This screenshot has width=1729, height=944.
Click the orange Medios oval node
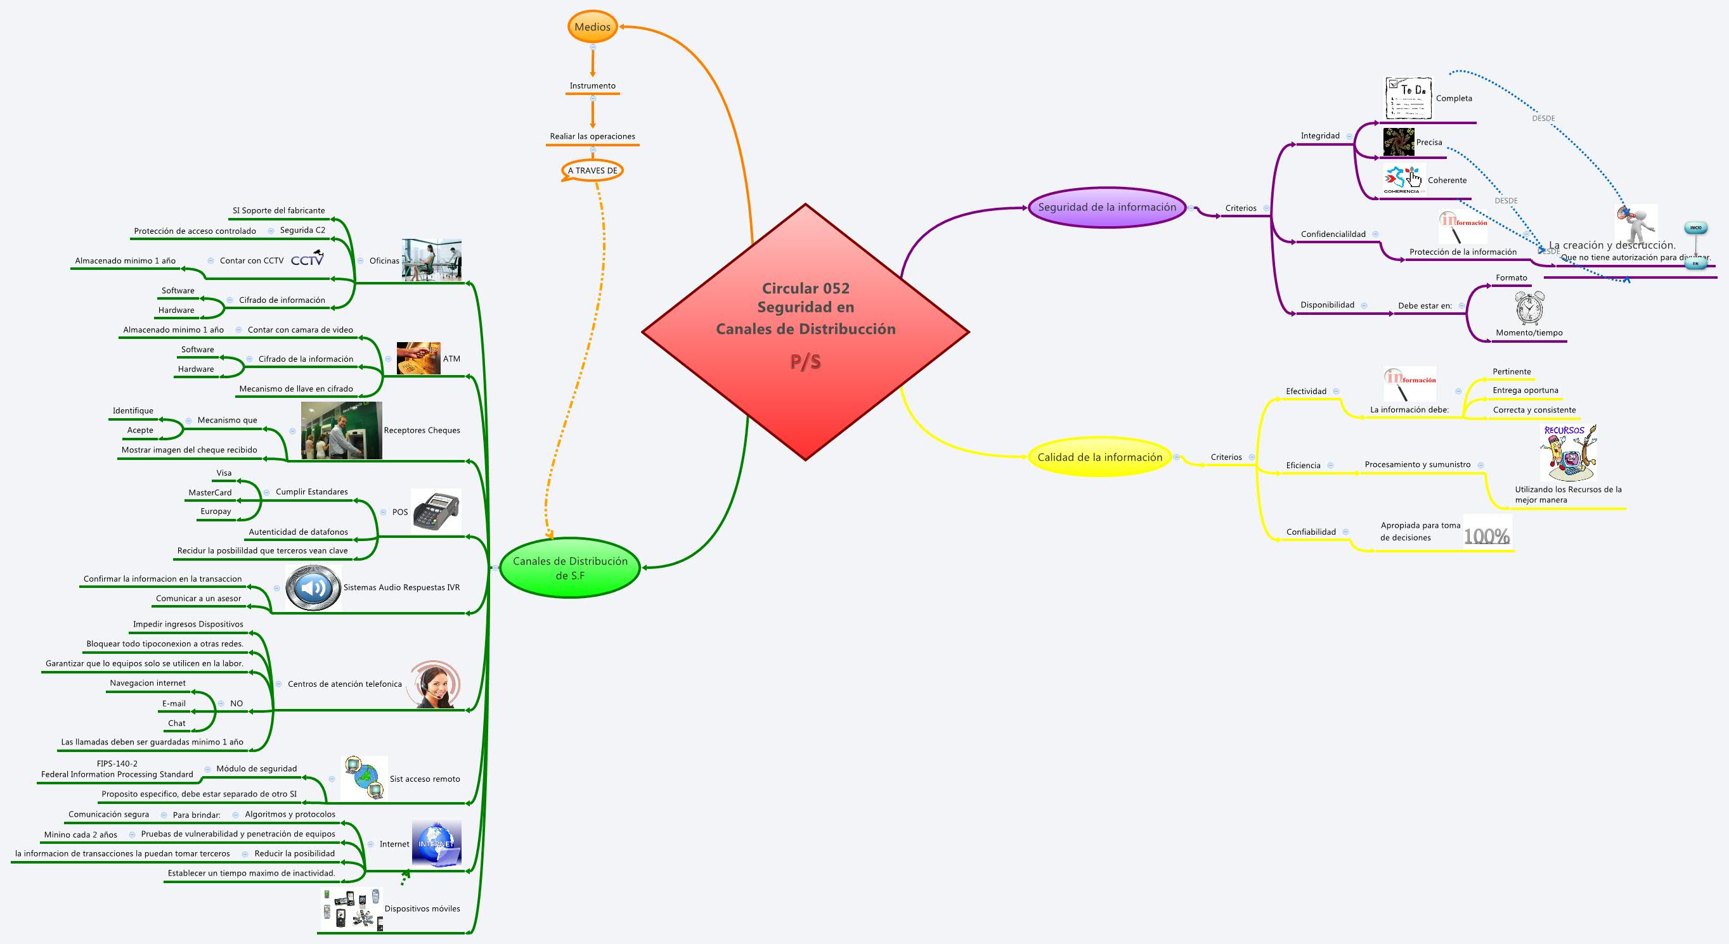pos(592,27)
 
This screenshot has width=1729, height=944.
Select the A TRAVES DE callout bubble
pos(592,170)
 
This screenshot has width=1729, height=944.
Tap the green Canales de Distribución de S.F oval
pos(570,568)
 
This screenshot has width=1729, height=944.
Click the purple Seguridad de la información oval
pos(1107,207)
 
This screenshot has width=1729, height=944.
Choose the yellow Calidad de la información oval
pos(1099,457)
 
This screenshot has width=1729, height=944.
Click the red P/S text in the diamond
pos(805,361)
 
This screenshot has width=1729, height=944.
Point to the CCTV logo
pos(308,259)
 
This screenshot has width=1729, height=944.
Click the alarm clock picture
pos(1529,309)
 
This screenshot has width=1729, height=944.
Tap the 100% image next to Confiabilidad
pos(1486,535)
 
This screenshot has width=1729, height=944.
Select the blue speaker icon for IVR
pos(313,587)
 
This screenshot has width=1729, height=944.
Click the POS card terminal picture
pos(436,511)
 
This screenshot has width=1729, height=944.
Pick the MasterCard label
pos(210,492)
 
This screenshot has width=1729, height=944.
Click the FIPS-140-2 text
pos(117,763)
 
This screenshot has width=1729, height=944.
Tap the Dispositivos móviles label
pos(422,909)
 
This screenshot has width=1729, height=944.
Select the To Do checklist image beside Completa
pos(1408,99)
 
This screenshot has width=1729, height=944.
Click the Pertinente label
pos(1512,372)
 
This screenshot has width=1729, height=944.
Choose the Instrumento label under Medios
pos(592,86)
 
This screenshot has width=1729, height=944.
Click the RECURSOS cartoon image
pos(1568,452)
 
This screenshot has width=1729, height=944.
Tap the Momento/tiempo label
pos(1529,333)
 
